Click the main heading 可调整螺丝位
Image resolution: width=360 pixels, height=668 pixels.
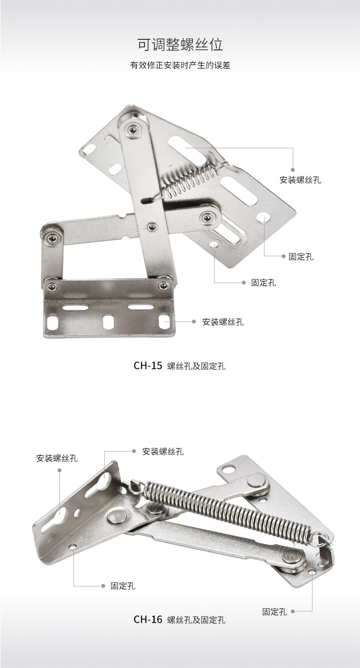pos(180,45)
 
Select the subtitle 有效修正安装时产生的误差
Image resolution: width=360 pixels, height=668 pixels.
pos(180,65)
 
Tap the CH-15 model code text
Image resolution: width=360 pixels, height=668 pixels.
pos(148,366)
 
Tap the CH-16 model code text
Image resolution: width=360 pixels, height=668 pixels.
pos(148,619)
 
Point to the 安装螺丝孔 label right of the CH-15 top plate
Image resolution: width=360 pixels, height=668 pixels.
pos(300,180)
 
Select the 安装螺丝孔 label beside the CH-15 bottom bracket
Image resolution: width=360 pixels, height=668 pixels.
pos(223,322)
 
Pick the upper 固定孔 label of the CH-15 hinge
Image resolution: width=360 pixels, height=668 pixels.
pos(301,256)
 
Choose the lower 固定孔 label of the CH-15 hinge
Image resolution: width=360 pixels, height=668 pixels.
pos(264,282)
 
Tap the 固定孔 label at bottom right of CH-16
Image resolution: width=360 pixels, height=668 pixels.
pos(275,612)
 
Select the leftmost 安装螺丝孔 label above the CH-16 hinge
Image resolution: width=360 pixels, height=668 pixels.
pos(57,458)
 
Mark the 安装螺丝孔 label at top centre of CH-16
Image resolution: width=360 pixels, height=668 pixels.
pos(163,451)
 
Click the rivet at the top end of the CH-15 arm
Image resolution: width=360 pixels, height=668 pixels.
pos(131,129)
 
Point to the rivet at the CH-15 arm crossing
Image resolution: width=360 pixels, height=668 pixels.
pos(152,227)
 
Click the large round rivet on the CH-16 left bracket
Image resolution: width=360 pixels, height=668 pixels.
pos(117,518)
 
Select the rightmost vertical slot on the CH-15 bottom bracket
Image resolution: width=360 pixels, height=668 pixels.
pos(164,323)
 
